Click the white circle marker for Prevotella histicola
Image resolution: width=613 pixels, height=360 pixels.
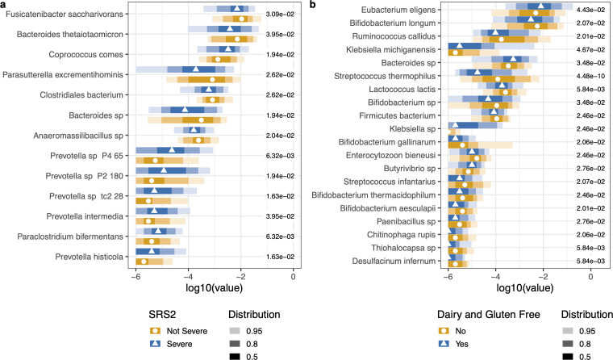tap(144, 262)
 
